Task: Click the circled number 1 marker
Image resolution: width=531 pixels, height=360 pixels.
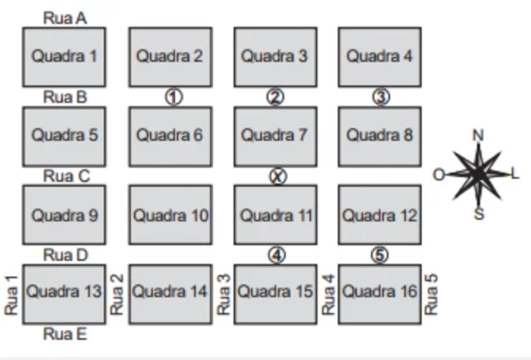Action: (174, 97)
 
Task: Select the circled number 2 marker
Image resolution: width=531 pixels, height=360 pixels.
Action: (275, 97)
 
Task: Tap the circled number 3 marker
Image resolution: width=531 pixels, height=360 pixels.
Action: (381, 97)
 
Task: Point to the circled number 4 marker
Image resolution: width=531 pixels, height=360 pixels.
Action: (277, 255)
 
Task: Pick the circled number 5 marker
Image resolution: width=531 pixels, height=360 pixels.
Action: (380, 255)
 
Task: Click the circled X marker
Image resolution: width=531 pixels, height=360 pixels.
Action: (278, 176)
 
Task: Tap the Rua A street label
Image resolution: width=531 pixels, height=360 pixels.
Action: (65, 18)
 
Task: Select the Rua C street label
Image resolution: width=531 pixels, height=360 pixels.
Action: (66, 176)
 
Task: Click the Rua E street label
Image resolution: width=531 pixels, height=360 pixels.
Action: (65, 334)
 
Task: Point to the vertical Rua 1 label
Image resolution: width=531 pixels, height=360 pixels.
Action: (12, 295)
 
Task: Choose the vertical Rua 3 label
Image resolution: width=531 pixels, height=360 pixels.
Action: (224, 295)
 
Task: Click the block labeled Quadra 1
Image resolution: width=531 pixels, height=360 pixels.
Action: (64, 57)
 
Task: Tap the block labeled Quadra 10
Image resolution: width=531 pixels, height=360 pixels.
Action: (170, 215)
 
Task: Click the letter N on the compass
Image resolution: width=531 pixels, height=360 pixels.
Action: (478, 135)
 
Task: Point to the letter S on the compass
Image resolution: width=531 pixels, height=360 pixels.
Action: (479, 214)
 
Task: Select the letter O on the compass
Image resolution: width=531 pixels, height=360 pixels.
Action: (438, 175)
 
